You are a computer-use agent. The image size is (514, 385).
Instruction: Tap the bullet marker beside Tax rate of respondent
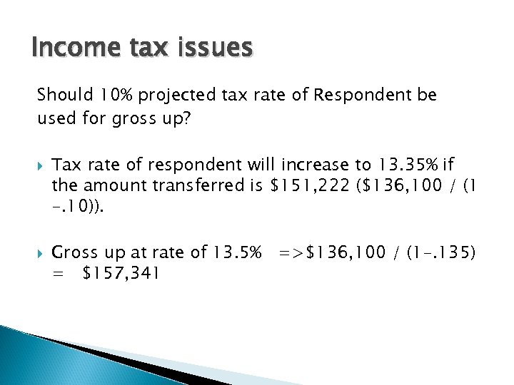click(41, 165)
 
